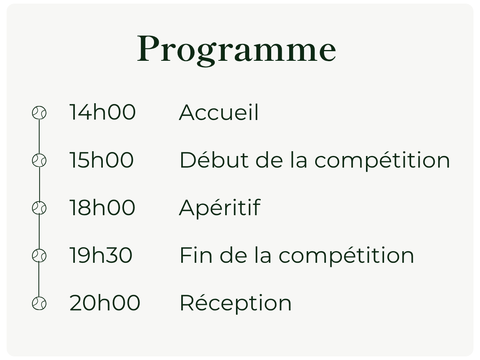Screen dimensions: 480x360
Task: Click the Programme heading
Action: click(236, 50)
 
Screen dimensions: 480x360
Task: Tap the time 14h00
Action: click(102, 112)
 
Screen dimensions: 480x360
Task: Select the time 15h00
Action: click(101, 160)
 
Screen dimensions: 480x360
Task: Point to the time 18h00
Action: click(102, 208)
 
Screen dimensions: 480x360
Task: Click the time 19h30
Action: click(101, 255)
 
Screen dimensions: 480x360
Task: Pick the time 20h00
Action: click(104, 303)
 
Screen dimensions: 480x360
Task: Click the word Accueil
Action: click(219, 112)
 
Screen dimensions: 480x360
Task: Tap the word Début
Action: click(214, 160)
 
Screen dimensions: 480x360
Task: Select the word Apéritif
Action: click(220, 208)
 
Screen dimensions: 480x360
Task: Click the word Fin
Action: click(196, 255)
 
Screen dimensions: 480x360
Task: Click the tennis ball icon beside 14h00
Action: click(39, 113)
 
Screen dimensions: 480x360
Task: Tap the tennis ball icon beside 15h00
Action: click(39, 160)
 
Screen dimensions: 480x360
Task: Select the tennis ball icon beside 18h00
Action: click(39, 208)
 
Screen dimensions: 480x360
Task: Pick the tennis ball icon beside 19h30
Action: click(39, 256)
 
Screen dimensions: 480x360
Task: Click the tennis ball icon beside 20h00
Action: click(39, 303)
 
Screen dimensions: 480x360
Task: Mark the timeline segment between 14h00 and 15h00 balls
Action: click(39, 137)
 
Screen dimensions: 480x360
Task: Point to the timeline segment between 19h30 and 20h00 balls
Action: click(39, 279)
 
